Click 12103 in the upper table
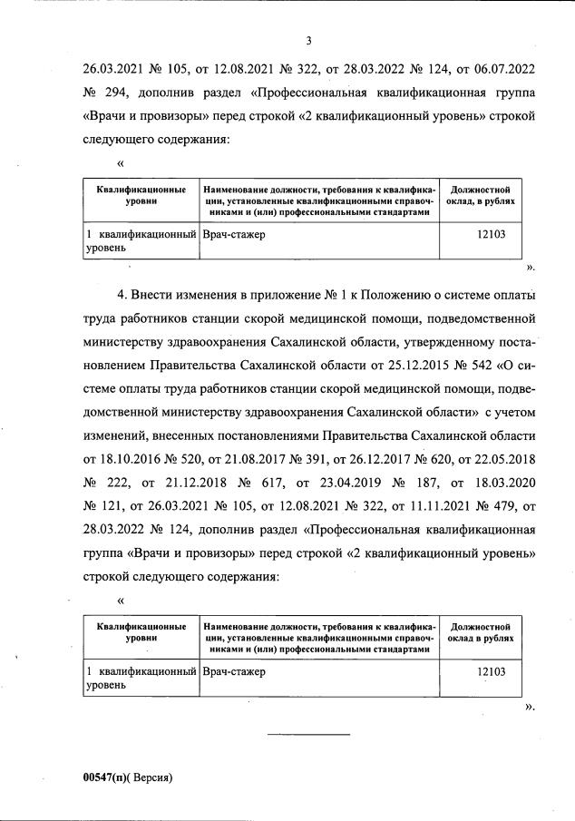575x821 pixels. tap(490, 235)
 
